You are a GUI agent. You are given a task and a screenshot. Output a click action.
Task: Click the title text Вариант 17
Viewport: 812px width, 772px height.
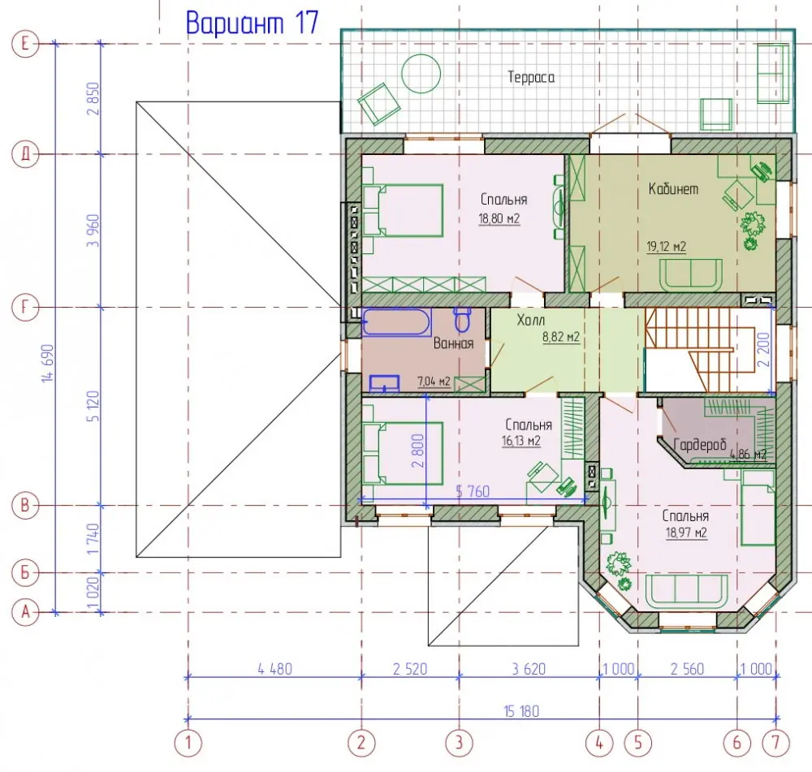point(252,24)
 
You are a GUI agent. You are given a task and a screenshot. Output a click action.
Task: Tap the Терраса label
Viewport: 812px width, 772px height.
point(531,78)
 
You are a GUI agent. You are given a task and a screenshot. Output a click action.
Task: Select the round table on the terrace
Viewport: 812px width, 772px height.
point(421,74)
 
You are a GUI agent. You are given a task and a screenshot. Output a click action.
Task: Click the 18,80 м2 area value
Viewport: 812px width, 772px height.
point(499,218)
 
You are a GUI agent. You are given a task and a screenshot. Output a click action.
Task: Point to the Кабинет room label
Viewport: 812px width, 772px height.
point(673,189)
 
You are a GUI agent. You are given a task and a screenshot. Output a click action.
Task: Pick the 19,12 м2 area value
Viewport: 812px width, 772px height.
point(666,247)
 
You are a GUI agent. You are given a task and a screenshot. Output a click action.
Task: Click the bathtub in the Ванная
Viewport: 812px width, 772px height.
point(396,322)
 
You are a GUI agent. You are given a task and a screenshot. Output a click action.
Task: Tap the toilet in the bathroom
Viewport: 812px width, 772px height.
point(462,320)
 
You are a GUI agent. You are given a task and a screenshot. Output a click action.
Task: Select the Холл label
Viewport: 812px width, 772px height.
point(530,321)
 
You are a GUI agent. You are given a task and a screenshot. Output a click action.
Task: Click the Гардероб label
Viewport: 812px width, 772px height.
point(700,445)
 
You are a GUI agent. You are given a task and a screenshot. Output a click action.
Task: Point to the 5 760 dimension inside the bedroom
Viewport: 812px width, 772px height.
point(473,491)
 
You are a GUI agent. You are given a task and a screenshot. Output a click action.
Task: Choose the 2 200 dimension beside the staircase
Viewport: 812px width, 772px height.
point(764,350)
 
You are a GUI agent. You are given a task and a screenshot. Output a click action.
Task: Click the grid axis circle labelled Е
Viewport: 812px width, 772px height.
point(25,44)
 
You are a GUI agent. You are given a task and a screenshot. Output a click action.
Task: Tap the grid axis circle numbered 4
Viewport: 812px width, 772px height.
point(599,743)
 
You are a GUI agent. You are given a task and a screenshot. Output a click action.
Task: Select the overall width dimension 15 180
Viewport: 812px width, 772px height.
point(521,711)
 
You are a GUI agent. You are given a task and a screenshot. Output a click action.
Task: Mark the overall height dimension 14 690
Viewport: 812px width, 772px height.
point(49,363)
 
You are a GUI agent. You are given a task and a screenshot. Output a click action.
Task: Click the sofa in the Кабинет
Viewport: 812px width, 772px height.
point(690,275)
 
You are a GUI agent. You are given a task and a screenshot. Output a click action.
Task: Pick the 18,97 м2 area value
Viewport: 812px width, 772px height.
point(686,533)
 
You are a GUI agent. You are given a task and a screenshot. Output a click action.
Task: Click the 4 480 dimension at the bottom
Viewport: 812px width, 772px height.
point(275,669)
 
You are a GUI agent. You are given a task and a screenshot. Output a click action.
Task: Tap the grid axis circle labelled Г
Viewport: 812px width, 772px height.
point(25,308)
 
